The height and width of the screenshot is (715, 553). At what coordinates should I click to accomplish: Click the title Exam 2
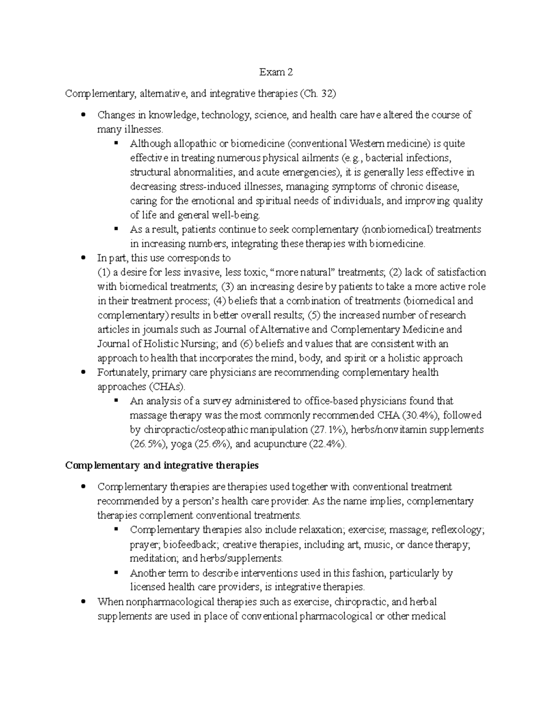click(x=276, y=72)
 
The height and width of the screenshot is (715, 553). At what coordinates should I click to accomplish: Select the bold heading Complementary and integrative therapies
click(x=162, y=465)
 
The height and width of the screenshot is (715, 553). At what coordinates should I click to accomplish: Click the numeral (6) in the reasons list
click(x=245, y=344)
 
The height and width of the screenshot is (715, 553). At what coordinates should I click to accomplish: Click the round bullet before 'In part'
click(x=83, y=258)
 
